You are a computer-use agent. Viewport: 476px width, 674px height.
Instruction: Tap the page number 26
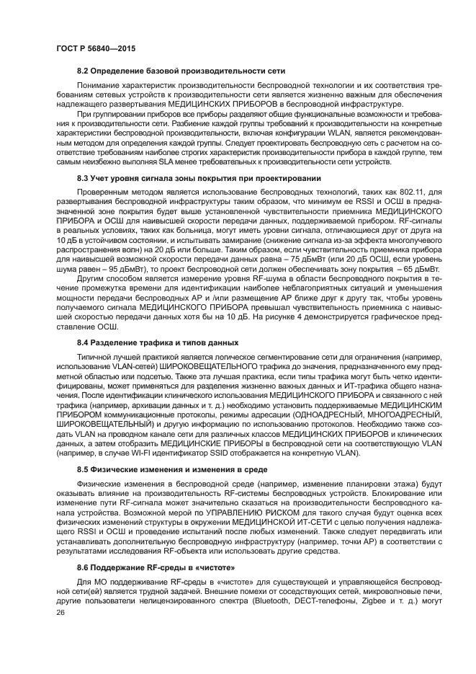point(60,612)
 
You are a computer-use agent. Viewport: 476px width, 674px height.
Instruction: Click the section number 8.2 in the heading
point(84,70)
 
